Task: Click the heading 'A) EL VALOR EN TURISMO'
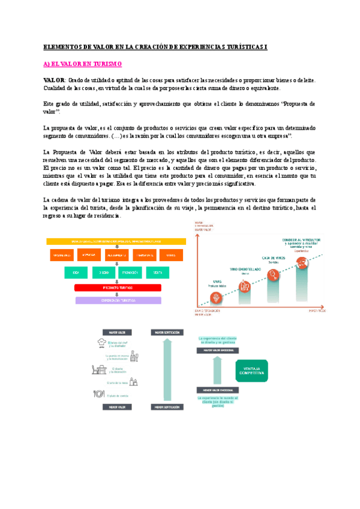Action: (x=83, y=64)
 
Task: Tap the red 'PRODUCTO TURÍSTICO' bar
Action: (x=118, y=288)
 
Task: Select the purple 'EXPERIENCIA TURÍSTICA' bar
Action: (x=118, y=300)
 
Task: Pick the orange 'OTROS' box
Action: (x=171, y=255)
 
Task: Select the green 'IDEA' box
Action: (x=77, y=273)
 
